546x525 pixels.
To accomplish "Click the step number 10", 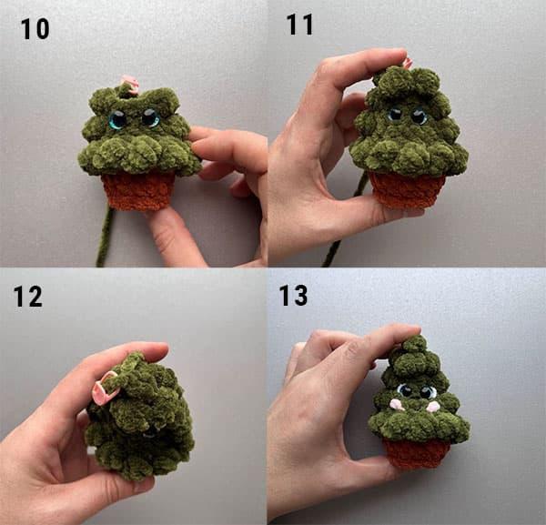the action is (35, 29).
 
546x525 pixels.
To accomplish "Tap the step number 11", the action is (299, 25).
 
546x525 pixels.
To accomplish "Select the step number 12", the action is (27, 297).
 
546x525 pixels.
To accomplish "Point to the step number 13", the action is (293, 295).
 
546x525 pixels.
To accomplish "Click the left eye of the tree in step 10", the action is (117, 119).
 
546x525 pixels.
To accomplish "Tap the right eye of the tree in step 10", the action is (150, 117).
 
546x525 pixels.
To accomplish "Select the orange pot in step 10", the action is (138, 191).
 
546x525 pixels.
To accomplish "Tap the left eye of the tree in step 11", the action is (396, 115).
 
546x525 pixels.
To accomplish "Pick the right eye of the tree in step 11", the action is (419, 116).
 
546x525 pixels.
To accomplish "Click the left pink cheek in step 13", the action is (397, 405).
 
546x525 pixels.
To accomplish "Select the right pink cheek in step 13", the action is (432, 406).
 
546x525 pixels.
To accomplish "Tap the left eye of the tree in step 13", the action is (405, 390).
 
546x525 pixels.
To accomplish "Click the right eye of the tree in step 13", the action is (428, 392).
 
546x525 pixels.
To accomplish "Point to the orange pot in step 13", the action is (417, 452).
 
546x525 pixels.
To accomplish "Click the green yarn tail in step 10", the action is (105, 234).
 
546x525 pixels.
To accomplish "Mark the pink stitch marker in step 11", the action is (408, 64).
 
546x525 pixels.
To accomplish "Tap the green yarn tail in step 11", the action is (345, 223).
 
